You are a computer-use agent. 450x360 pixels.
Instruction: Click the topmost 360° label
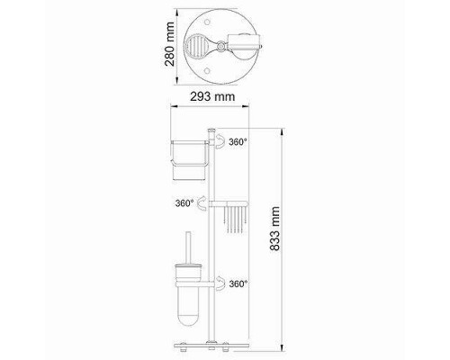[238, 141]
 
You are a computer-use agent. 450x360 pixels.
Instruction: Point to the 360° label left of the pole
[184, 203]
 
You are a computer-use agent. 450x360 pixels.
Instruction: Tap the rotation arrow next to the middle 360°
[202, 202]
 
